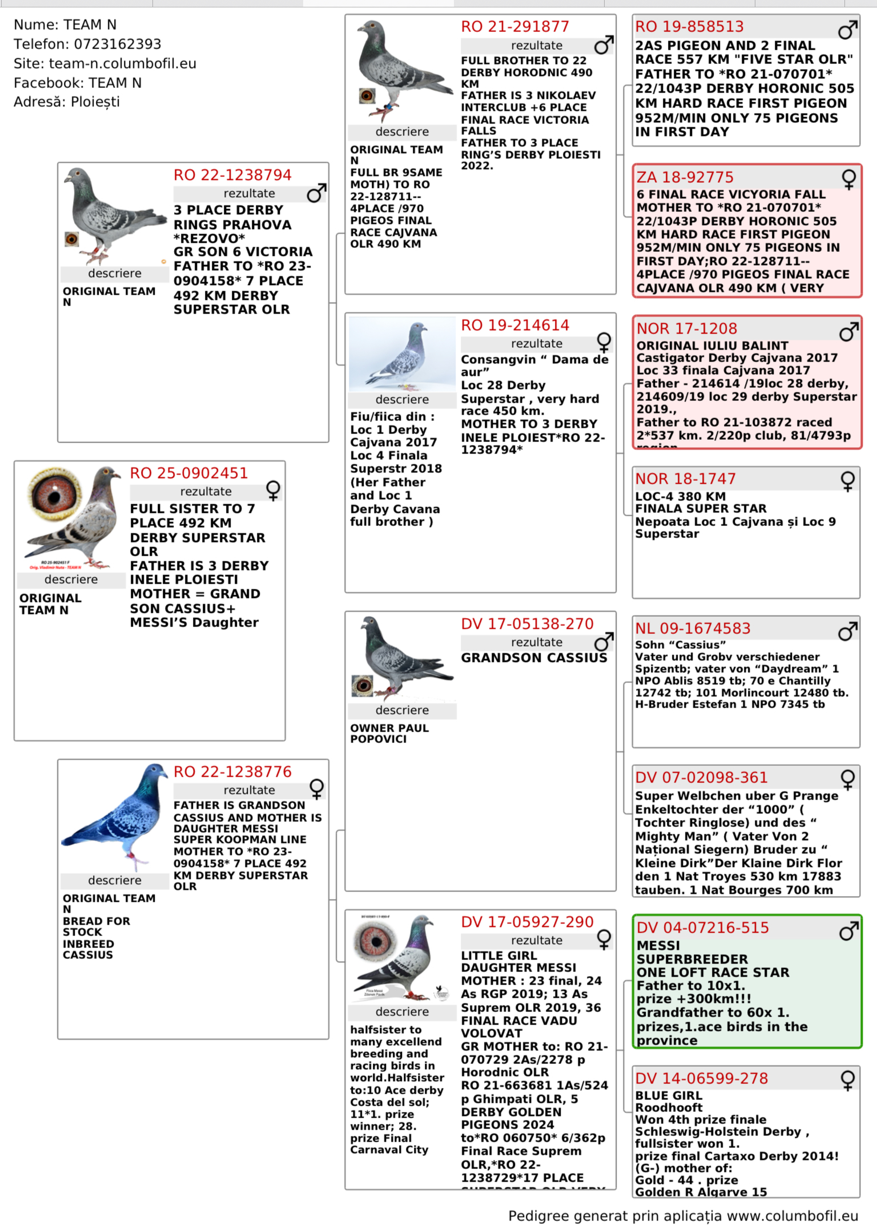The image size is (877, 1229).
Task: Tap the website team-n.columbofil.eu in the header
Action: (x=122, y=63)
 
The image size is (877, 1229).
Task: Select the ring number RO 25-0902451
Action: (x=188, y=473)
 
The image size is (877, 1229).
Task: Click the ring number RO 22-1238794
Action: (x=232, y=175)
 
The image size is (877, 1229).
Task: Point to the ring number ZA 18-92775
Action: (x=685, y=178)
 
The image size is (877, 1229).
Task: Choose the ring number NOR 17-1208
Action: (x=687, y=329)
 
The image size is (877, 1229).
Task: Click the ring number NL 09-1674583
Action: (x=693, y=629)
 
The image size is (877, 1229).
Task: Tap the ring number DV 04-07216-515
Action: (x=703, y=928)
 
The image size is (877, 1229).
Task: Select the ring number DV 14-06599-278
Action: (x=702, y=1079)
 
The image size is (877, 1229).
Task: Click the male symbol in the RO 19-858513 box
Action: (x=847, y=29)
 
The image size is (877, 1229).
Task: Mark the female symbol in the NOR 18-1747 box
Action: (x=848, y=481)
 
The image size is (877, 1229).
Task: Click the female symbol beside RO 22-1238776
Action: (x=317, y=789)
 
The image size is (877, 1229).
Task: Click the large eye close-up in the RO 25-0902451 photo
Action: (x=55, y=495)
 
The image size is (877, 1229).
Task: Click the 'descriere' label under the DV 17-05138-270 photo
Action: (x=402, y=710)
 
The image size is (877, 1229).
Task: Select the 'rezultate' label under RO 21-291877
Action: (x=536, y=46)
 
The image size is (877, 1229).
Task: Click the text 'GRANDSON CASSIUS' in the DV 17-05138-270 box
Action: (x=534, y=658)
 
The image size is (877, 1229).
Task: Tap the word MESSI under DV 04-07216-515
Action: (x=658, y=946)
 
